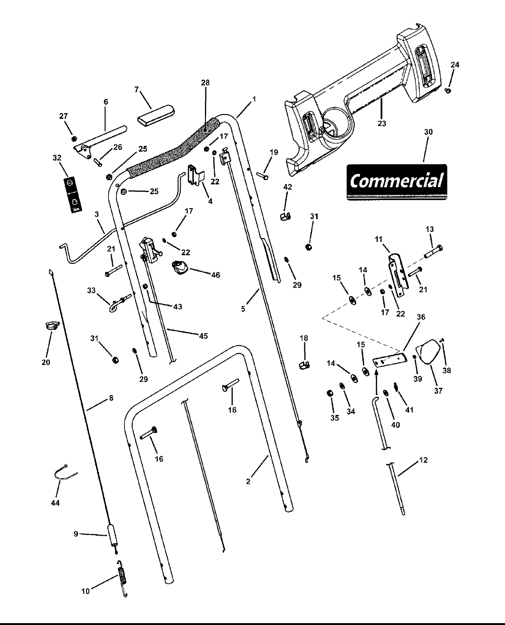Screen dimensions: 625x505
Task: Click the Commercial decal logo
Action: pos(397,181)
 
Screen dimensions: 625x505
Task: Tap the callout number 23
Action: pos(382,124)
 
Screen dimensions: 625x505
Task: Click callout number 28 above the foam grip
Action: pos(205,83)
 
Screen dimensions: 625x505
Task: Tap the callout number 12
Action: pos(423,460)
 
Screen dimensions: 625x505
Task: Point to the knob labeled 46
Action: pos(180,269)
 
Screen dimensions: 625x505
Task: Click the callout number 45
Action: pos(203,336)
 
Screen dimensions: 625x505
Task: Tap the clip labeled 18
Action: pos(304,365)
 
